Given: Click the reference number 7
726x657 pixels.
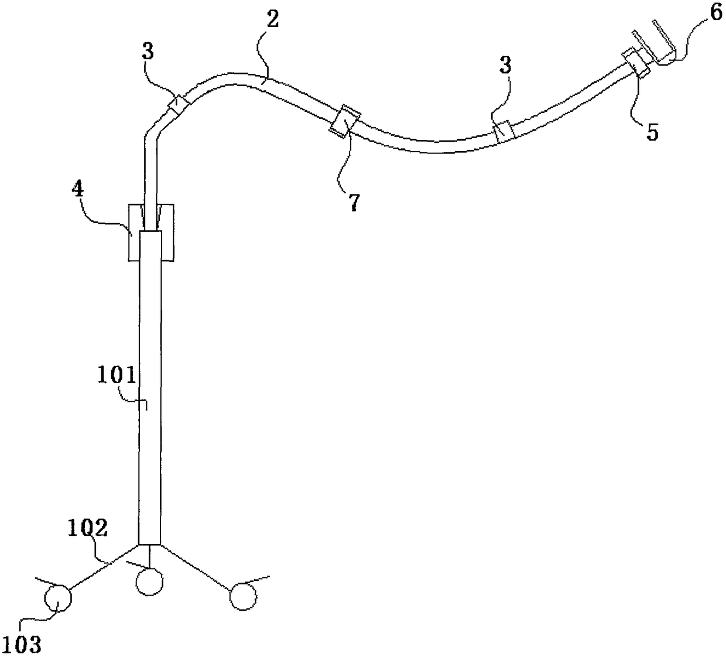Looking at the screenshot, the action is pyautogui.click(x=355, y=203).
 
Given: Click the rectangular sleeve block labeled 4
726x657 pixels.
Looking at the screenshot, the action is pyautogui.click(x=151, y=232).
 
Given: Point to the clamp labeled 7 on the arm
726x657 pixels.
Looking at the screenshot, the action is pyautogui.click(x=345, y=122).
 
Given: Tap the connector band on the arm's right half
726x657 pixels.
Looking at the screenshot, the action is pyautogui.click(x=504, y=132).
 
